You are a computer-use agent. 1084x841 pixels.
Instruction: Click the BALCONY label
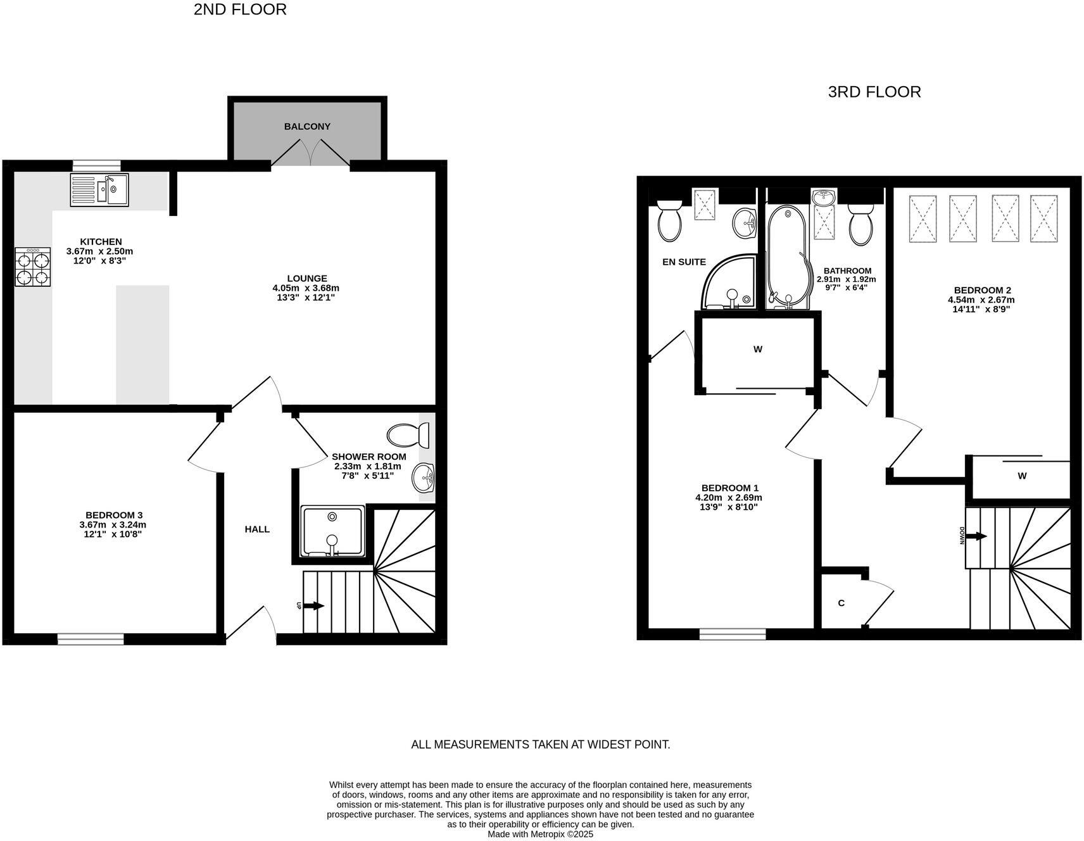point(307,127)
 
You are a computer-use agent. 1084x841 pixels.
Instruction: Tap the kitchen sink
point(100,189)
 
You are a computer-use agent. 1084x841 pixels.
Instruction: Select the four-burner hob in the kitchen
point(32,267)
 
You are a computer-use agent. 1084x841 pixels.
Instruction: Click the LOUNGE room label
point(307,278)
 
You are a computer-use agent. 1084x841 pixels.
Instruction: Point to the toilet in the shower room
point(408,436)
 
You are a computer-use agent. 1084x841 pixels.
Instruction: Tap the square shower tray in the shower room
point(332,531)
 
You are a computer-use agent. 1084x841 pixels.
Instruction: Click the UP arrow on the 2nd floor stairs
point(313,606)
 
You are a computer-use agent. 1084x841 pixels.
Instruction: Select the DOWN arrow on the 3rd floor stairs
point(977,536)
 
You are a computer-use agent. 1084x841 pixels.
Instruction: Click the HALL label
point(257,529)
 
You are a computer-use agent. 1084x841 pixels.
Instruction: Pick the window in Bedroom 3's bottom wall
point(91,639)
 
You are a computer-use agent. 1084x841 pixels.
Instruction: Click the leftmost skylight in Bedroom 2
point(923,218)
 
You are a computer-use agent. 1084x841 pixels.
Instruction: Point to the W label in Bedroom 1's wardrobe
point(758,349)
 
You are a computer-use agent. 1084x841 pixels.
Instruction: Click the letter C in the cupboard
point(841,603)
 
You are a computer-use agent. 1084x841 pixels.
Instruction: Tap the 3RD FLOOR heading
point(874,92)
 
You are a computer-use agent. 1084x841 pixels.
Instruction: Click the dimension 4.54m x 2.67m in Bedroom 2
point(981,300)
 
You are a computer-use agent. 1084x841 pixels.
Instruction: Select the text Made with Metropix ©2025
point(540,834)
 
